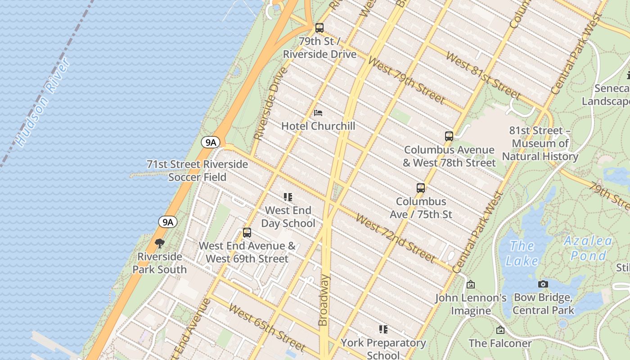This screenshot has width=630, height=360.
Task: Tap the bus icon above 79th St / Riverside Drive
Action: [319, 28]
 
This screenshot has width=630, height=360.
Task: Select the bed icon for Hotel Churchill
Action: [318, 112]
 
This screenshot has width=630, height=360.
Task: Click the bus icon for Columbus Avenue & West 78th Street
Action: [449, 136]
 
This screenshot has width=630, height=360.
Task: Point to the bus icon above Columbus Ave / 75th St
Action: [421, 188]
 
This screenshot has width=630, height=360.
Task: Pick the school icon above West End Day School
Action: [288, 197]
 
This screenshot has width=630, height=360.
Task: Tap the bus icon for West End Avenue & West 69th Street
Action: [247, 233]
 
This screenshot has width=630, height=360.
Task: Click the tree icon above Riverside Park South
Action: [159, 243]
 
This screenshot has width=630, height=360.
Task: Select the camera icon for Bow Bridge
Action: [543, 284]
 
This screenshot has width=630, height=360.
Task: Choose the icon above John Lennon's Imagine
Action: [471, 284]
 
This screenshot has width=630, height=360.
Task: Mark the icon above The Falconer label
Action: [500, 330]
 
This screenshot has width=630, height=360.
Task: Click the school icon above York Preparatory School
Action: [383, 329]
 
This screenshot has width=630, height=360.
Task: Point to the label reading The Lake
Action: [522, 253]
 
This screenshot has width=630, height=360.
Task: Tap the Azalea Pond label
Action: [588, 248]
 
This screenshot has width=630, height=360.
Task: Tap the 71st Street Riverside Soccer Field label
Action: [198, 171]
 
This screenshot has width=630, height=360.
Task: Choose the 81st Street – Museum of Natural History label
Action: [540, 144]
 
